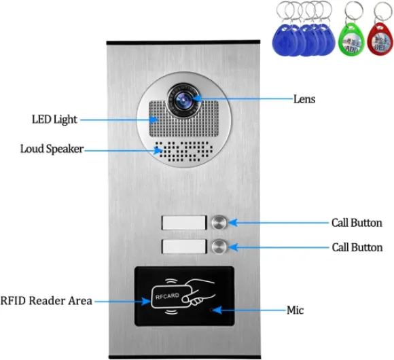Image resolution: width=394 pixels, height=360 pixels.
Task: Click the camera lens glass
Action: click(183, 99)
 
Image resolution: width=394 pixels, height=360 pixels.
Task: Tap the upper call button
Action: click(219, 222)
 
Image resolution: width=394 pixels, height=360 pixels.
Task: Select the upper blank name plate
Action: click(184, 222)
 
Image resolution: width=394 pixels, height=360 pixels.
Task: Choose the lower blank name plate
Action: click(184, 247)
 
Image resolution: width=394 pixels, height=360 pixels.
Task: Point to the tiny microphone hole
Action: click(212, 310)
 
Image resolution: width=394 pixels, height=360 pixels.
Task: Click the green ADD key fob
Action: click(351, 39)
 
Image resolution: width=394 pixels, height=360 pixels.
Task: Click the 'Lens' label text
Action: click(304, 99)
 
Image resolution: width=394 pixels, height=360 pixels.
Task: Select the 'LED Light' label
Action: click(54, 120)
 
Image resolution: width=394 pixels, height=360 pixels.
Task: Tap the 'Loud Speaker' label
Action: click(52, 149)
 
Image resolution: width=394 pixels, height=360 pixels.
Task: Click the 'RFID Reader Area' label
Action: click(46, 301)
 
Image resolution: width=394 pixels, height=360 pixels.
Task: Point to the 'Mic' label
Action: click(295, 310)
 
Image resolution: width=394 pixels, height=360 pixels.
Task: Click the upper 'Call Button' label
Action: click(357, 223)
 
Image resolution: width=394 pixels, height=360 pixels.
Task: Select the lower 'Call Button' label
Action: click(357, 247)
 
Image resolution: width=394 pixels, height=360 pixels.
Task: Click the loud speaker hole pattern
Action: click(183, 151)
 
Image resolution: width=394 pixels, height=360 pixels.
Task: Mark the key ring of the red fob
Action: click(382, 12)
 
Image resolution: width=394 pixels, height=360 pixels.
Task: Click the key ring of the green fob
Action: click(354, 12)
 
